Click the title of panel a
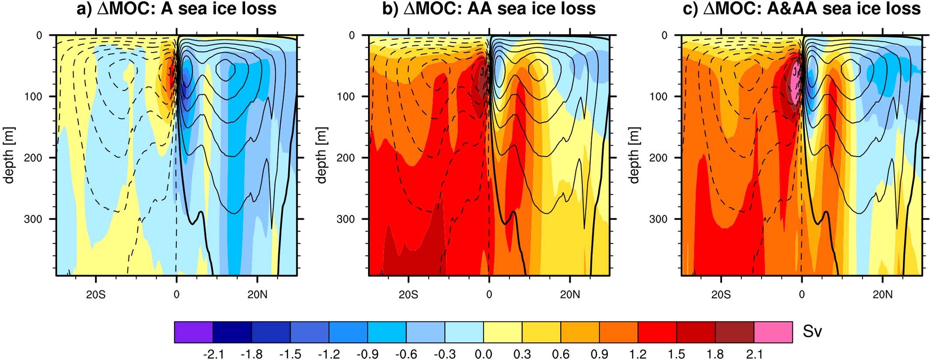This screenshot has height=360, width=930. pos(176,9)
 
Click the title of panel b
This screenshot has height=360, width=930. pos(489,9)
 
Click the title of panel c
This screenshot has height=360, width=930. pos(802,9)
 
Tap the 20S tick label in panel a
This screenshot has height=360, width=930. pos(95,295)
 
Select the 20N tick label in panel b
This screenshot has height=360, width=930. pos(570,295)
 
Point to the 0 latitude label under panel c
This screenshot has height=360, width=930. pos(802,295)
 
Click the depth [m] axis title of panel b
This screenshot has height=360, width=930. pos(321,155)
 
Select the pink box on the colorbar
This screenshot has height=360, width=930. pos(773,332)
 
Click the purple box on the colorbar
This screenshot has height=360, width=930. pos(193,332)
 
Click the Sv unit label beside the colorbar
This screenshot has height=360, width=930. pos(813,332)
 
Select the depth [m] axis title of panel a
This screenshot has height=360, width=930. pos(9,155)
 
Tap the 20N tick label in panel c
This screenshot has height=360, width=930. pos(882,295)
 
